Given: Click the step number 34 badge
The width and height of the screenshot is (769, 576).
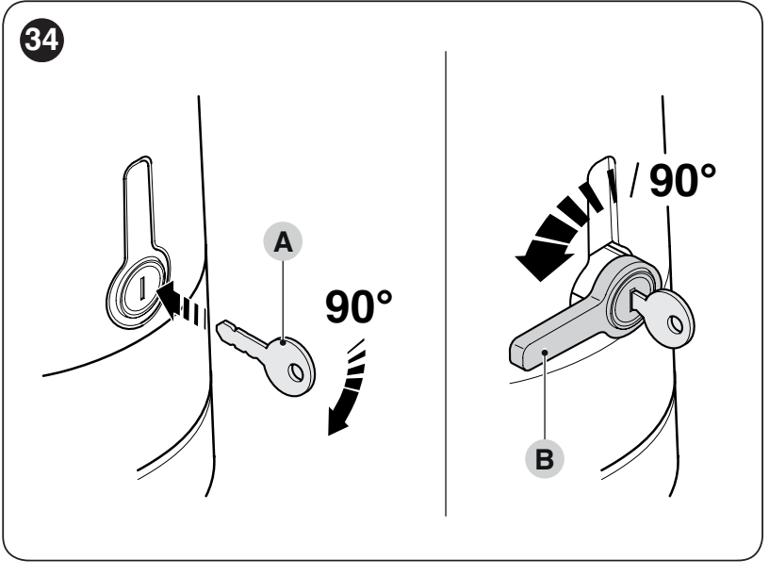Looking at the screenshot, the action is coord(41,40).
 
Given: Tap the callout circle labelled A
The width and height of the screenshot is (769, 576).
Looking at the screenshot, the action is coord(283,241).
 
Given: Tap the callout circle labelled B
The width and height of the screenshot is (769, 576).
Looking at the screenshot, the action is coord(545,459).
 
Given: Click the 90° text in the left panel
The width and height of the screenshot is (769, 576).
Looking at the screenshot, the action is coord(358,307).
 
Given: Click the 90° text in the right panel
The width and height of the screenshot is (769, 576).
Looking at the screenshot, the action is coord(682,180).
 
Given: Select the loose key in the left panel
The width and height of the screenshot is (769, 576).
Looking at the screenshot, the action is coord(268,356).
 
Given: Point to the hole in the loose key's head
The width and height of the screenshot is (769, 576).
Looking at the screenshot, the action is coord(295,371).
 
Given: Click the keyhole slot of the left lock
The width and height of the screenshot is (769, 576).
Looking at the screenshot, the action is coord(142,288).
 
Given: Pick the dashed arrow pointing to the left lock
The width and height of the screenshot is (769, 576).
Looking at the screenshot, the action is coord(182,304).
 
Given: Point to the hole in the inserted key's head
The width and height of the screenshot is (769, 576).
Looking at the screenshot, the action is coord(676,323).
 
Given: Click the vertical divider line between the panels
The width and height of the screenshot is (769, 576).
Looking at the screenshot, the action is coord(446,283).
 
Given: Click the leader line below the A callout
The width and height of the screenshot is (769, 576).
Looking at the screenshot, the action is coord(283,302).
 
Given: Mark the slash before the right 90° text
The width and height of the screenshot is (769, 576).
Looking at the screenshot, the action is coord(635,180).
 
